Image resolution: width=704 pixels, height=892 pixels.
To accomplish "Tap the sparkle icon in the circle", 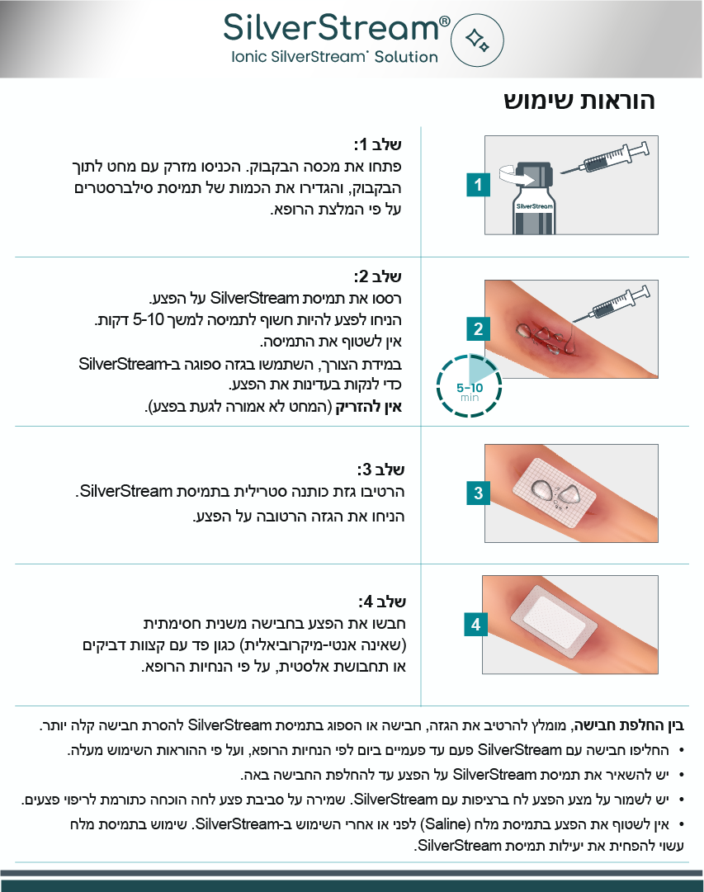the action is click(x=477, y=40).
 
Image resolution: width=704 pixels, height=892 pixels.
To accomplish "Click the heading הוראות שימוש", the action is click(x=579, y=101).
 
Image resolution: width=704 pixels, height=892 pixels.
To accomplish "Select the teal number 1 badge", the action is click(x=478, y=184).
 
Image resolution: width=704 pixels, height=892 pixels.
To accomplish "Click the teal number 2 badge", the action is click(x=478, y=328).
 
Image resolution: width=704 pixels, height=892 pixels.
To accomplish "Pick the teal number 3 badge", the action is click(x=478, y=493).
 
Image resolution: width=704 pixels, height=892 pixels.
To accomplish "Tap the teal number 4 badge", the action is click(x=475, y=625).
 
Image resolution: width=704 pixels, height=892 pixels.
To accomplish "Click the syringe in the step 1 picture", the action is click(x=605, y=158).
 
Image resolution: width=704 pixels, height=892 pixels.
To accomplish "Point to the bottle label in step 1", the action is click(x=535, y=206).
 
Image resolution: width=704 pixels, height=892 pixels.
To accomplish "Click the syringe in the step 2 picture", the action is click(x=612, y=304).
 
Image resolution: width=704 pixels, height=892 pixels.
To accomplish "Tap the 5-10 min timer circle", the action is click(x=469, y=385).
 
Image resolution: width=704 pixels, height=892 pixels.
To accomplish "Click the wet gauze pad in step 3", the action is click(x=555, y=493).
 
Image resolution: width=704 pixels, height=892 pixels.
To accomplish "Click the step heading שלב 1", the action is click(x=377, y=144).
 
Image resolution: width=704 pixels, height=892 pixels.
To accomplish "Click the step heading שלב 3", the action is click(x=380, y=470).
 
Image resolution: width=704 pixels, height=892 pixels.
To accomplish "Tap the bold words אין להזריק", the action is click(x=369, y=406).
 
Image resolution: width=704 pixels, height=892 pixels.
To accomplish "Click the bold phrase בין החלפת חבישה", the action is click(x=628, y=725).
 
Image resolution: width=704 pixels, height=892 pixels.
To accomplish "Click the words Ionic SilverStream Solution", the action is click(x=334, y=57).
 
